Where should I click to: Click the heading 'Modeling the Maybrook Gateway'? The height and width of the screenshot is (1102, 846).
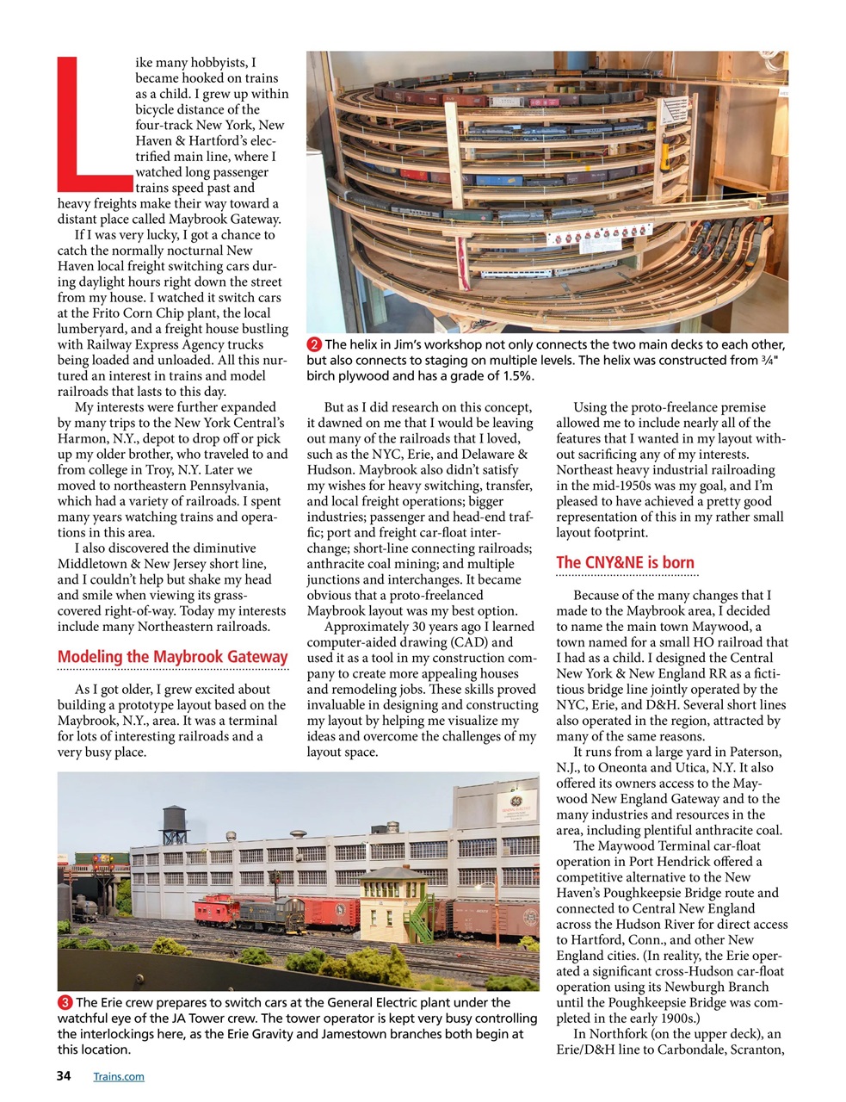[x=172, y=657]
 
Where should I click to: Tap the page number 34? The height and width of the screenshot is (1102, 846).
[x=64, y=1076]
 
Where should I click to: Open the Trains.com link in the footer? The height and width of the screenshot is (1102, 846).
[x=119, y=1076]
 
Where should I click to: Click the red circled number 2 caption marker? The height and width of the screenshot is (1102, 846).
[x=314, y=345]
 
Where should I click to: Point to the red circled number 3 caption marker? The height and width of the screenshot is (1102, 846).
[x=65, y=1003]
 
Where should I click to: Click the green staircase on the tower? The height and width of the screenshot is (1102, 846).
[x=419, y=921]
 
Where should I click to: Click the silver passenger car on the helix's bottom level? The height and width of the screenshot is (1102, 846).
[x=516, y=274]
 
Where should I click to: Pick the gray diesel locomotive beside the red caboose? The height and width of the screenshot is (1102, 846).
[x=267, y=910]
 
